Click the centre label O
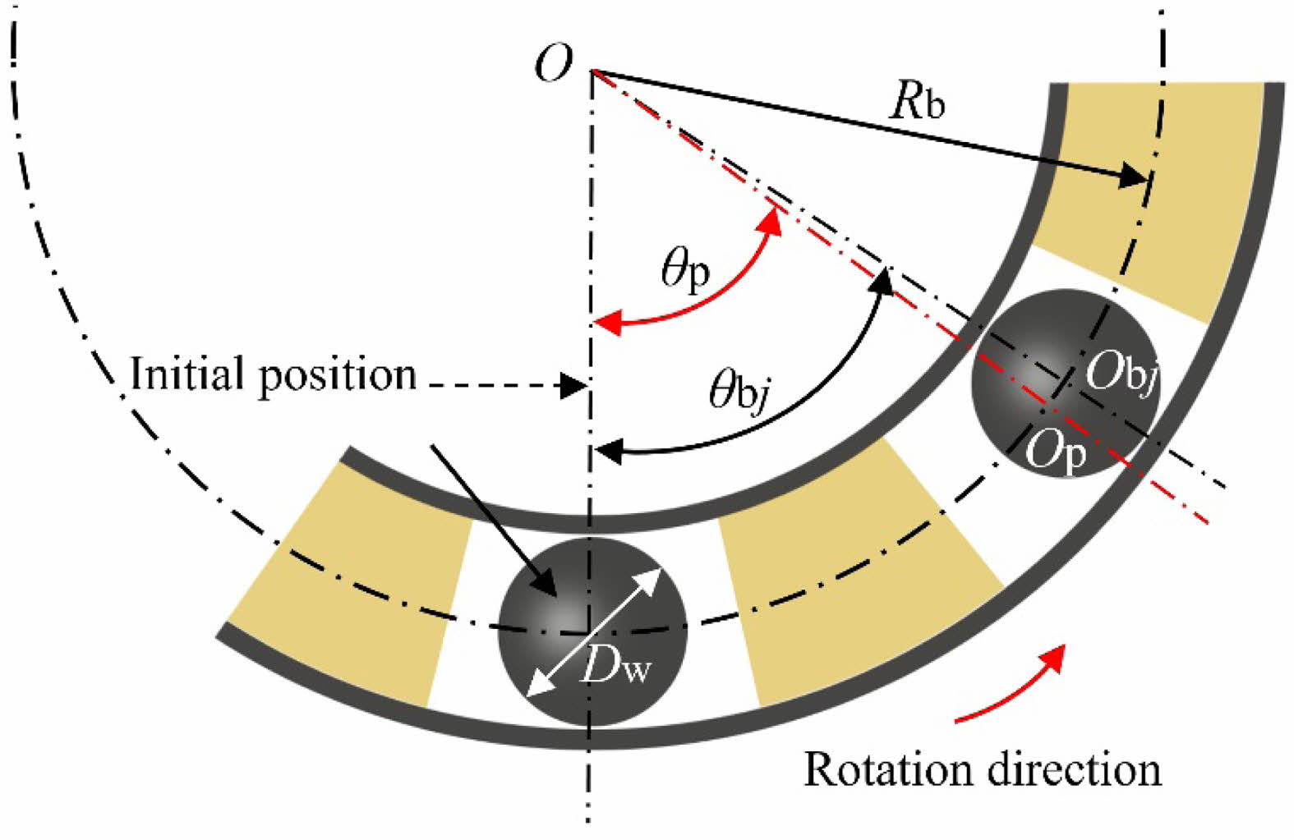[x=553, y=63]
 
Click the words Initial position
[x=274, y=375]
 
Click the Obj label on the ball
[x=1121, y=375]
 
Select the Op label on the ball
[x=1057, y=452]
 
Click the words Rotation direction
[x=982, y=770]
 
